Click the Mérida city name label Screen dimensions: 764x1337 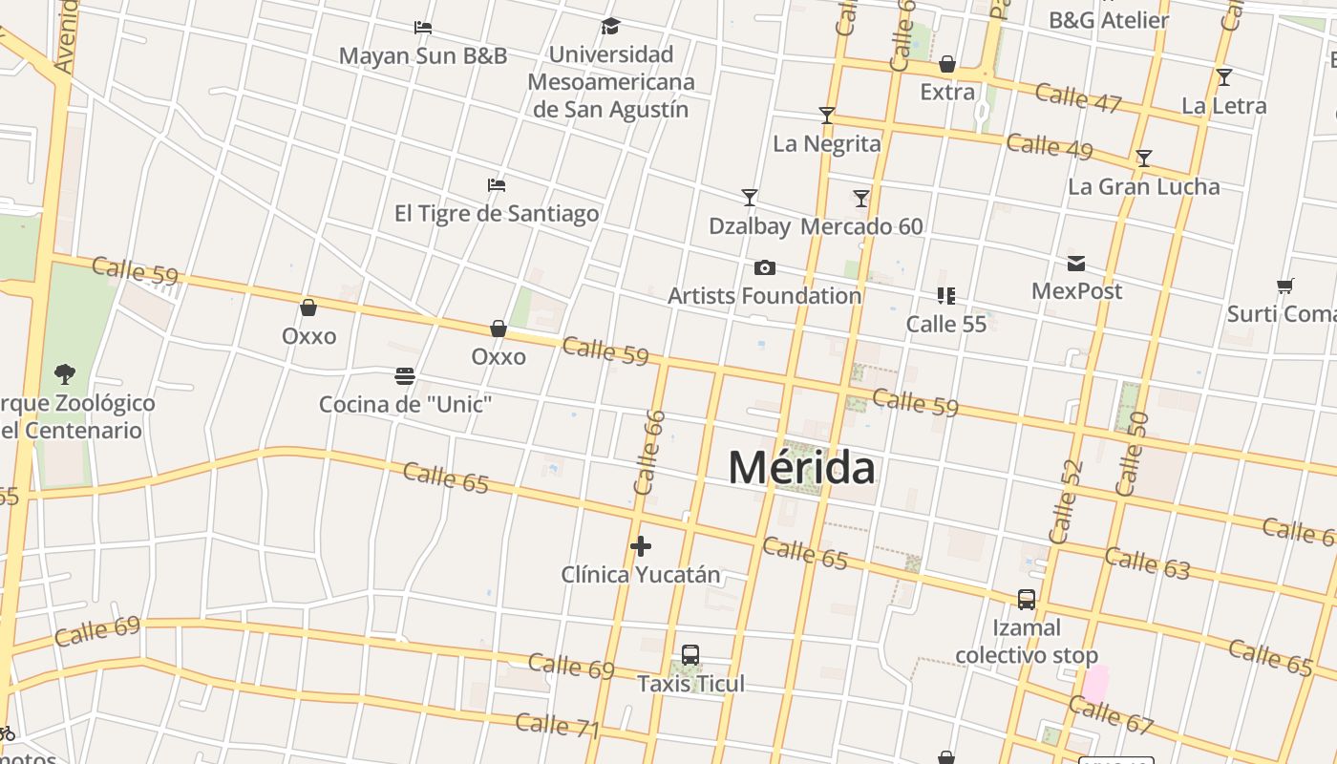pyautogui.click(x=801, y=468)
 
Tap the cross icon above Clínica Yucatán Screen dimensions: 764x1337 pyautogui.click(x=641, y=546)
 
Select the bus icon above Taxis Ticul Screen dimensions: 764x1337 pyautogui.click(x=690, y=655)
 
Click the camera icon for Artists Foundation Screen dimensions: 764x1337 pyautogui.click(x=764, y=267)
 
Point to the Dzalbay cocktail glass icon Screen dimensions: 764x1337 pyautogui.click(x=750, y=198)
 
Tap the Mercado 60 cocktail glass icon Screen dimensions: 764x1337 pyautogui.click(x=861, y=198)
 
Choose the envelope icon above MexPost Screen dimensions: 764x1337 pyautogui.click(x=1076, y=264)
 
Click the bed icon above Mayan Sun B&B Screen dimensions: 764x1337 pyautogui.click(x=423, y=28)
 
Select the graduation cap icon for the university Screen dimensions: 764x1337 pyautogui.click(x=610, y=27)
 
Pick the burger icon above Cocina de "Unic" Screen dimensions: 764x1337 pyautogui.click(x=405, y=376)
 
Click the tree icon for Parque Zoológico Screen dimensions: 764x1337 pyautogui.click(x=65, y=373)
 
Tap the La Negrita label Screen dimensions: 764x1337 pyautogui.click(x=827, y=144)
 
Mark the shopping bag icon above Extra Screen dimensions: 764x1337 pyautogui.click(x=947, y=64)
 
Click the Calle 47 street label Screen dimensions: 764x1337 pyautogui.click(x=1078, y=98)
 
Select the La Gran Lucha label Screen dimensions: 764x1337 pyautogui.click(x=1143, y=186)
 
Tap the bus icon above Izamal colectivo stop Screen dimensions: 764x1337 pyautogui.click(x=1027, y=600)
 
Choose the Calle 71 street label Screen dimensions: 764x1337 pyautogui.click(x=558, y=726)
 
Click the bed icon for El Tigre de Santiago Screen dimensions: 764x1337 pyautogui.click(x=496, y=184)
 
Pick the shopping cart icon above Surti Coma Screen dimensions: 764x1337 pyautogui.click(x=1285, y=286)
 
